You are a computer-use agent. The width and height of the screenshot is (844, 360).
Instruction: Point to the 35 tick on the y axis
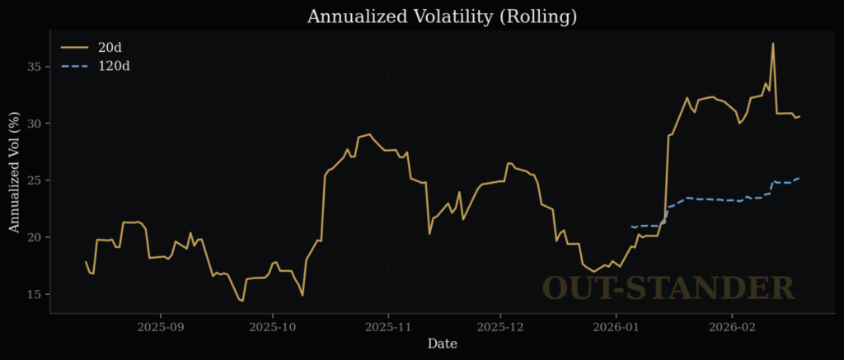tap(35, 66)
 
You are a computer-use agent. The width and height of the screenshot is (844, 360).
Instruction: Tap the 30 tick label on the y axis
tap(35, 124)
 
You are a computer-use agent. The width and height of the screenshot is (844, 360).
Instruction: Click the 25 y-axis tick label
tap(35, 180)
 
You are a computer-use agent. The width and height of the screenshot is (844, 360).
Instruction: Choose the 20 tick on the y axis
tap(35, 237)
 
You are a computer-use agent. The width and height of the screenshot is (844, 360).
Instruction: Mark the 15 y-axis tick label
tap(35, 294)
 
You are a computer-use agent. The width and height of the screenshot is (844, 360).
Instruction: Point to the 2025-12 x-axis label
tap(500, 326)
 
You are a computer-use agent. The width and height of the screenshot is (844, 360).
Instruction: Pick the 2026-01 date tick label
tap(615, 326)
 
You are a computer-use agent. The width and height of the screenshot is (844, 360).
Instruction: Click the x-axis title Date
tap(442, 344)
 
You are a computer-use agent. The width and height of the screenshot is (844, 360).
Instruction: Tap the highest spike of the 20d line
tap(772, 44)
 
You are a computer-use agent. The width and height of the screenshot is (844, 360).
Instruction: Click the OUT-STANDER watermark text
tap(668, 288)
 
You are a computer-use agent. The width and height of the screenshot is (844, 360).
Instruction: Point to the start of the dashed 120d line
tap(631, 227)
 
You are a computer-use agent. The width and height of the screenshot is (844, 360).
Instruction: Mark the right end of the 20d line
tap(799, 116)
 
